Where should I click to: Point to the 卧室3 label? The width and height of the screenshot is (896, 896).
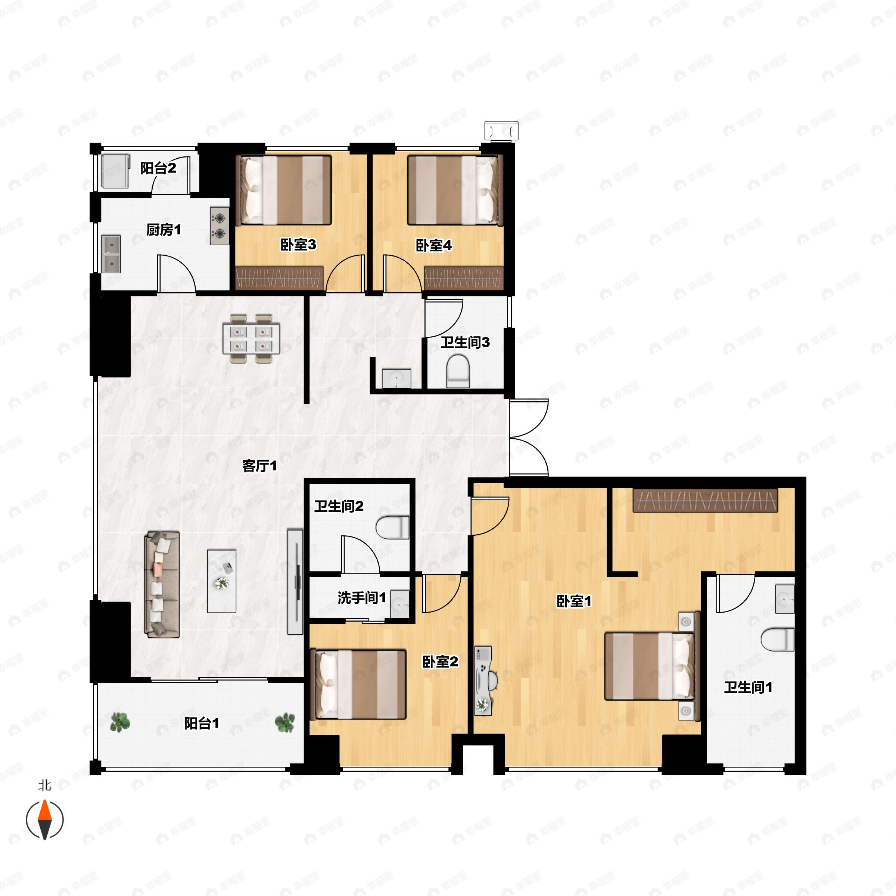(298, 245)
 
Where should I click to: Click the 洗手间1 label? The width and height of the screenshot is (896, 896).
(361, 598)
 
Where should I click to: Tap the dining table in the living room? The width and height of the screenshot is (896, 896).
(251, 339)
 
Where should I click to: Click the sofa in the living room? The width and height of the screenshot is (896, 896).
(162, 584)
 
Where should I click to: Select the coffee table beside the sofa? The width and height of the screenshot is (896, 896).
(222, 581)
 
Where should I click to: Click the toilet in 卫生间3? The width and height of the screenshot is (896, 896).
(458, 371)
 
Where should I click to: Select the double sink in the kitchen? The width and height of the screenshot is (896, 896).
(111, 254)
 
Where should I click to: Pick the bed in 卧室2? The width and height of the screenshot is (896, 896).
(358, 684)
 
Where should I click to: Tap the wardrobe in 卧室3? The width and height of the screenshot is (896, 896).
(279, 278)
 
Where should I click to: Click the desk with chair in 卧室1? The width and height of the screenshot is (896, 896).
(485, 680)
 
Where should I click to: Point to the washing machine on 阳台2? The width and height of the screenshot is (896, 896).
(115, 171)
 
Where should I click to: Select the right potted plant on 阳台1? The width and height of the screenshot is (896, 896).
(285, 722)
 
